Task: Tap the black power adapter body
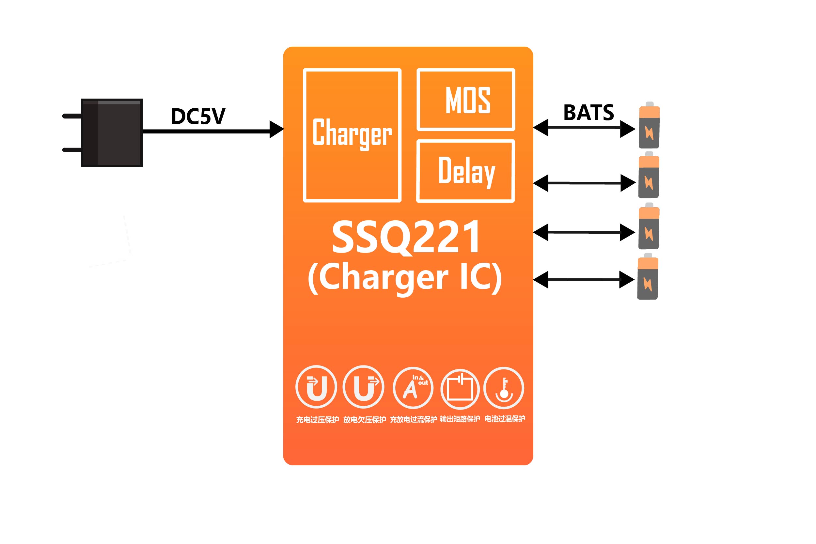tap(112, 132)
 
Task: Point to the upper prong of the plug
tap(72, 116)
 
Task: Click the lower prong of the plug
tap(72, 150)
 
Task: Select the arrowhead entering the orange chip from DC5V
tap(276, 130)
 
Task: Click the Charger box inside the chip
tap(352, 135)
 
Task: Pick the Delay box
tap(465, 171)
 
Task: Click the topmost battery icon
tap(649, 125)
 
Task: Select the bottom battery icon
tap(647, 276)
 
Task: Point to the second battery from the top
tap(649, 175)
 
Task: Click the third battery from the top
tap(649, 226)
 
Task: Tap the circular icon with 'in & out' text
tap(413, 388)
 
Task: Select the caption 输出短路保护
tap(460, 419)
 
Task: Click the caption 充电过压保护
tap(317, 420)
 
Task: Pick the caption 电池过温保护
tap(505, 419)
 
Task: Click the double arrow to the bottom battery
tap(584, 280)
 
